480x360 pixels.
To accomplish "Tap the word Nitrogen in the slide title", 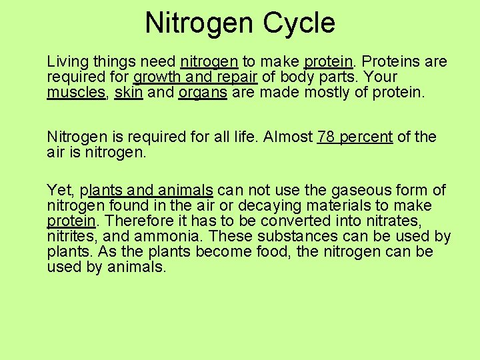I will [x=198, y=23].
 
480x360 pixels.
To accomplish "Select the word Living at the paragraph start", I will [x=67, y=62].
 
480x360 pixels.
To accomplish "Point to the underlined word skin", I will [x=129, y=93].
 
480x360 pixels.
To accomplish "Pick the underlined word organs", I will [x=203, y=93].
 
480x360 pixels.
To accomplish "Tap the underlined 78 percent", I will [x=355, y=137].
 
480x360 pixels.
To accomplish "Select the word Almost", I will [x=288, y=137].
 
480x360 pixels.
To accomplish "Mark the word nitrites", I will [x=71, y=237].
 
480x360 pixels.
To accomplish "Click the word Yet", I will [x=59, y=191].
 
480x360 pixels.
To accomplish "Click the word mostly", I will [x=327, y=93].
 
